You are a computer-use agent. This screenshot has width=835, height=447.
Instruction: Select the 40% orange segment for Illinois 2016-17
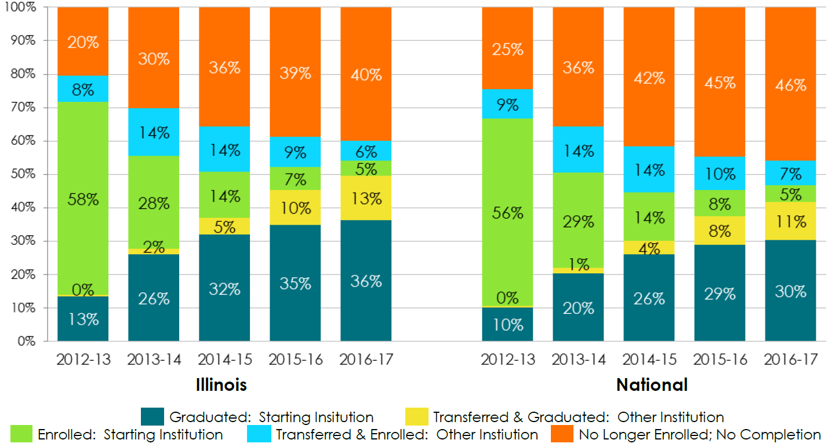click(x=366, y=74)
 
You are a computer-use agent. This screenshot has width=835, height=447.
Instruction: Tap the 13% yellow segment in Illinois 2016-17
click(x=366, y=198)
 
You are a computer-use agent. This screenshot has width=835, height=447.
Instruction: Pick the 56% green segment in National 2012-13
click(x=507, y=212)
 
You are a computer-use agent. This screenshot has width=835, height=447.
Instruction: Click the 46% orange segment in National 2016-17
click(x=790, y=85)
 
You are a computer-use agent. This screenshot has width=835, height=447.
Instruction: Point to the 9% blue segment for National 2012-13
click(x=507, y=104)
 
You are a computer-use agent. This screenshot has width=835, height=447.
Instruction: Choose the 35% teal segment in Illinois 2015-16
click(x=295, y=283)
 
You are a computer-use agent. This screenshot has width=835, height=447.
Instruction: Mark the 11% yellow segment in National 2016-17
click(x=790, y=221)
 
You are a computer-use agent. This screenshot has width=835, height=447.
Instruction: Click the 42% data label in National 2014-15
click(x=649, y=77)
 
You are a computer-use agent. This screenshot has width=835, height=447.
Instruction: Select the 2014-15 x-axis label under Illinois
click(x=224, y=360)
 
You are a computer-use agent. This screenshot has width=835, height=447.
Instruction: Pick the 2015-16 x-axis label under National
click(x=720, y=360)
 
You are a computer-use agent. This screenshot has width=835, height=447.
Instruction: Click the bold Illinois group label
click(x=220, y=384)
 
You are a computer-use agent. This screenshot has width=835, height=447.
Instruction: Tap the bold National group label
click(x=652, y=384)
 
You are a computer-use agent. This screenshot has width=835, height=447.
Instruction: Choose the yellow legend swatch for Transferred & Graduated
click(x=416, y=417)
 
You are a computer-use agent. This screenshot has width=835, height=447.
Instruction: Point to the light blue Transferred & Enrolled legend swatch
click(x=258, y=434)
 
